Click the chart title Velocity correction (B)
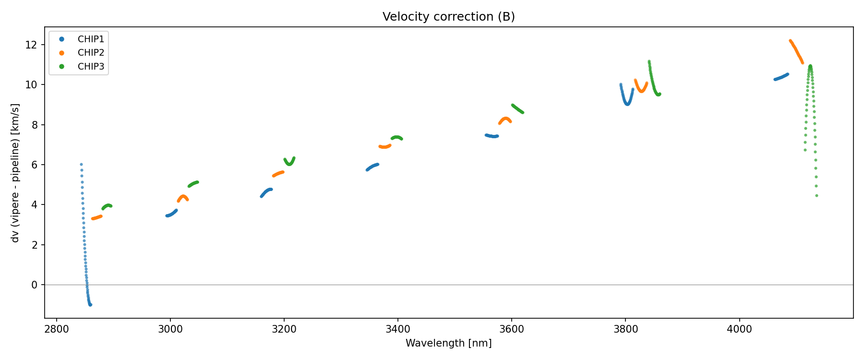pyautogui.click(x=448, y=17)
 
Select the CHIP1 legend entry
pyautogui.click(x=91, y=39)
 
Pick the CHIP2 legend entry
pyautogui.click(x=91, y=53)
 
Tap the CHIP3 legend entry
pyautogui.click(x=91, y=67)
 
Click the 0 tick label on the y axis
pyautogui.click(x=34, y=285)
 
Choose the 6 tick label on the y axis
pyautogui.click(x=34, y=165)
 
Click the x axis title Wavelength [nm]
pyautogui.click(x=448, y=343)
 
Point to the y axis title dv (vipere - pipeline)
pyautogui.click(x=15, y=173)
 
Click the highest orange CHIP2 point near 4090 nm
pyautogui.click(x=790, y=41)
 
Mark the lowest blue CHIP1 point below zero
pyautogui.click(x=90, y=305)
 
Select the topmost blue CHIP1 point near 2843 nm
pyautogui.click(x=81, y=164)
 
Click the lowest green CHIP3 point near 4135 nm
pyautogui.click(x=816, y=196)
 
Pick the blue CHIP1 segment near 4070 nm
pyautogui.click(x=781, y=77)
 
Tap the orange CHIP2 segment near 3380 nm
pyautogui.click(x=385, y=146)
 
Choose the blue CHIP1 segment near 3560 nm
pyautogui.click(x=492, y=136)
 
